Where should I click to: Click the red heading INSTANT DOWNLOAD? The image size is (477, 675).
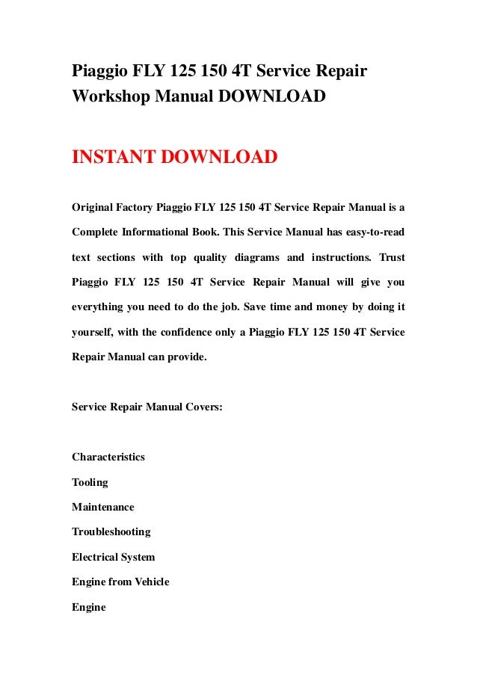point(174,158)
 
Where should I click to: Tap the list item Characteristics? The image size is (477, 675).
point(108,457)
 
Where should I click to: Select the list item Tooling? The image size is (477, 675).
point(90,482)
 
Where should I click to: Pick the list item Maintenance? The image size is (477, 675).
point(103,507)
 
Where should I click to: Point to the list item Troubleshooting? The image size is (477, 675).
point(111,531)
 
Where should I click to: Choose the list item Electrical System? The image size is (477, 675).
point(114,557)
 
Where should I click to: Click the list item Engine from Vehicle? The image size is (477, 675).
point(120,582)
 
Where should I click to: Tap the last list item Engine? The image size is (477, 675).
point(89,607)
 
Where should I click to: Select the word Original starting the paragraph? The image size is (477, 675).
point(93,206)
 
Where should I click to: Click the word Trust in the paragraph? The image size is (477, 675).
point(392,257)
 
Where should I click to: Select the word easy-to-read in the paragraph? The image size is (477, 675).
point(369,232)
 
